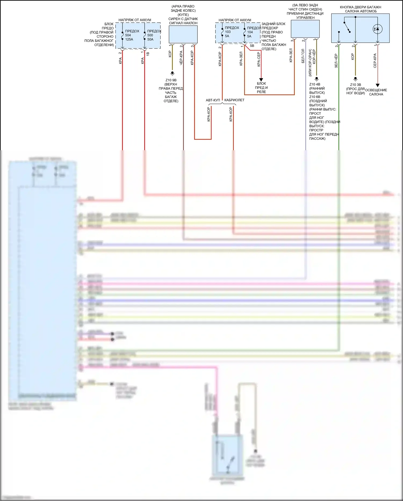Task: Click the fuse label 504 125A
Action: coord(129,35)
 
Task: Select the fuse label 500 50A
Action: coord(150,35)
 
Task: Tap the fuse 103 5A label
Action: coord(228,32)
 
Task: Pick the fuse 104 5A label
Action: coord(250,32)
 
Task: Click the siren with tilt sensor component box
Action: coord(183,34)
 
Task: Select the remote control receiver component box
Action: coord(305,29)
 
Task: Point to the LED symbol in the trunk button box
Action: coord(377,29)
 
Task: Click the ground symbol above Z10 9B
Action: coord(172,73)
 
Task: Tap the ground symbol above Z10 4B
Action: coord(316,79)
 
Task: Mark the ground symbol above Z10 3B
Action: coord(355,79)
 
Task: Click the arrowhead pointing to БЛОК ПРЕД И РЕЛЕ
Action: coord(261,80)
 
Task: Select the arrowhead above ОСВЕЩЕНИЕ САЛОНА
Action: coord(377,85)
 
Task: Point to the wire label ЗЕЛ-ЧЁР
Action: coord(336,61)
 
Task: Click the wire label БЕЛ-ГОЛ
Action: coord(303,56)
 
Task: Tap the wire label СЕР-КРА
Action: coord(375,61)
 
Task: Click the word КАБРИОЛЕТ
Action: coord(234,100)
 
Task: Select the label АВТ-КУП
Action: coord(213,100)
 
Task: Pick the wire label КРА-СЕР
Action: coord(259,59)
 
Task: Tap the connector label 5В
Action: coord(252,46)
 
